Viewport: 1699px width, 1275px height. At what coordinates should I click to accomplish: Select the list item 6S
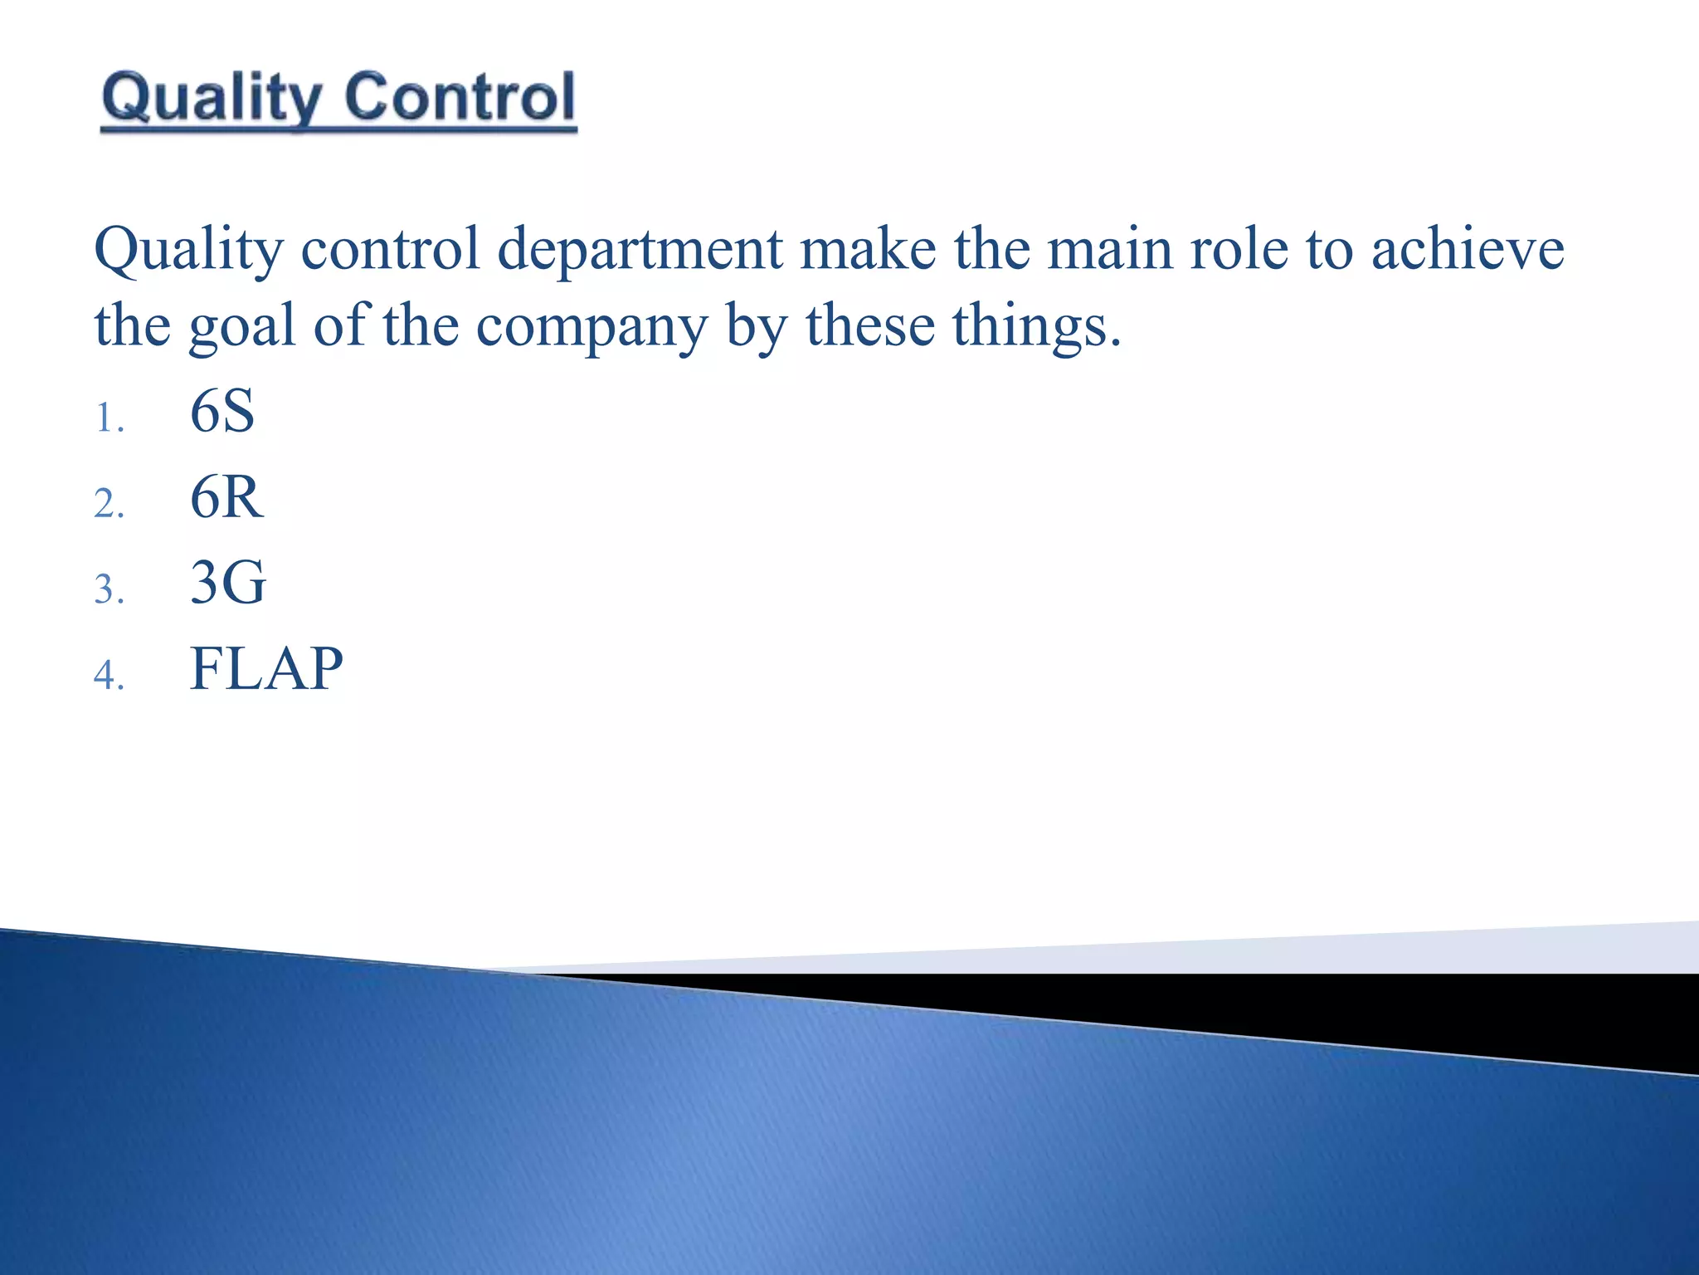222,412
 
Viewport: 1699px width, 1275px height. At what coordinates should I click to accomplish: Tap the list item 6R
226,498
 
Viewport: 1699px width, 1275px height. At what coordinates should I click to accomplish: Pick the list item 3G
227,583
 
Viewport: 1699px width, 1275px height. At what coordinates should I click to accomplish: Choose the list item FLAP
265,669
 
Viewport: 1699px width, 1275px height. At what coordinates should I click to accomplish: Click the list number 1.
108,418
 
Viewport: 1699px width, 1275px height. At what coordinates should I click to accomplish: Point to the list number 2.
108,505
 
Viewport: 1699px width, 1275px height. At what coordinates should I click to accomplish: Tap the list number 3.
108,590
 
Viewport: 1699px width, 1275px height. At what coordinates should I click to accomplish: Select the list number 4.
108,675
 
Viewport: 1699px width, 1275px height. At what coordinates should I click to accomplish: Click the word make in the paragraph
867,249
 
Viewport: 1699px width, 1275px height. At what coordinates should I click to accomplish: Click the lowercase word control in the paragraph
390,249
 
